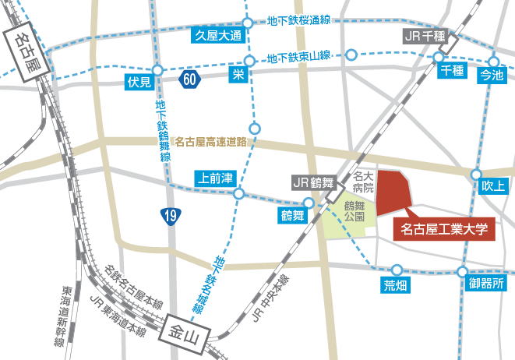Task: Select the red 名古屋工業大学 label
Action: [x=443, y=229]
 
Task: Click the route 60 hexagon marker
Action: [x=190, y=79]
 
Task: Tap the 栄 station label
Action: [x=238, y=75]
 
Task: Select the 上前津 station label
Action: [x=216, y=178]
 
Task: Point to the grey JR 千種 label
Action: [x=426, y=36]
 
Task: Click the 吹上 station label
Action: [x=494, y=185]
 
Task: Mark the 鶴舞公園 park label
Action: [x=355, y=211]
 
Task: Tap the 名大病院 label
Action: [x=364, y=183]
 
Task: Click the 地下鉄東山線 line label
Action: [x=299, y=56]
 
